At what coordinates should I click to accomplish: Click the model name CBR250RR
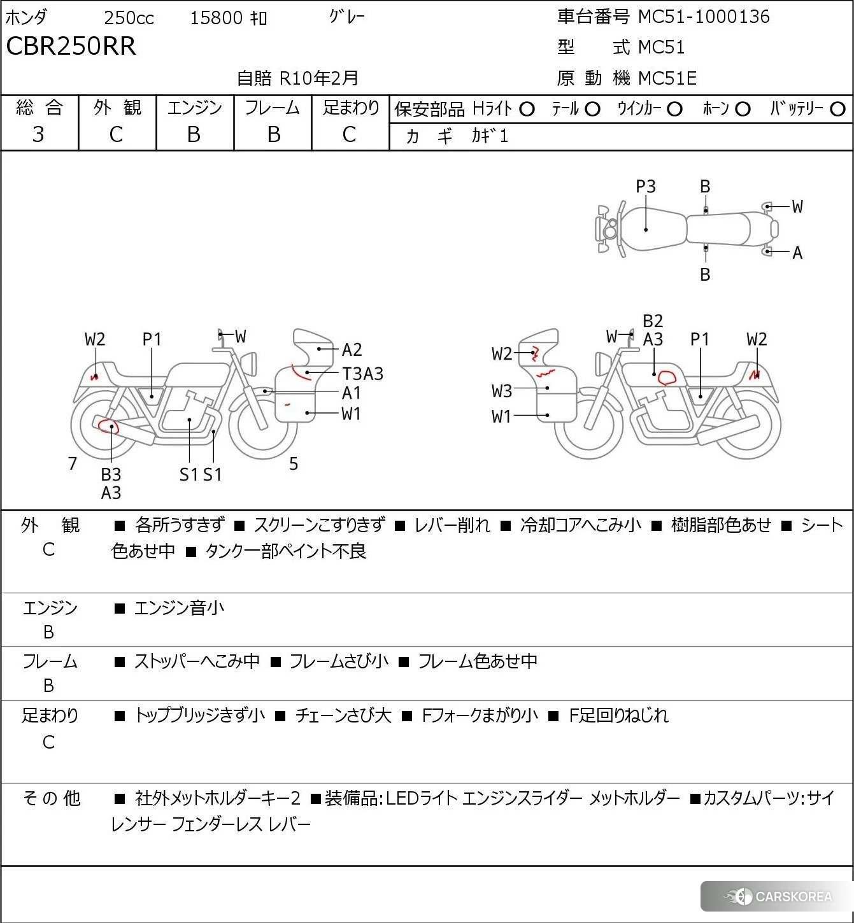[x=71, y=46]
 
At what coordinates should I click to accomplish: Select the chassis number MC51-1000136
[x=704, y=17]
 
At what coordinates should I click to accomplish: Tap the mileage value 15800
[x=216, y=18]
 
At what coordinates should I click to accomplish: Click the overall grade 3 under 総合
[x=39, y=134]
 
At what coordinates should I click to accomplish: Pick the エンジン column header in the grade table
[x=195, y=108]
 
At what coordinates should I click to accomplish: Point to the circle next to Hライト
[x=527, y=109]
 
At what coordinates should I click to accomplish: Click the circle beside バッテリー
[x=838, y=109]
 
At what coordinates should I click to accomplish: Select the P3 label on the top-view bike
[x=646, y=187]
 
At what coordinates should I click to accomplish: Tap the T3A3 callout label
[x=362, y=374]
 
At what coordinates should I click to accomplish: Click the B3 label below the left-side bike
[x=111, y=474]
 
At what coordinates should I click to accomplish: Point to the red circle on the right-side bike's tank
[x=667, y=377]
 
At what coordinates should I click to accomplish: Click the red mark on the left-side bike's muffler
[x=108, y=425]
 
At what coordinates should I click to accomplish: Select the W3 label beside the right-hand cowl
[x=502, y=391]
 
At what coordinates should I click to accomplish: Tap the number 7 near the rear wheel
[x=73, y=463]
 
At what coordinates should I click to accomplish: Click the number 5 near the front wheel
[x=294, y=463]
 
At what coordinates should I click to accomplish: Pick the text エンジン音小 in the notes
[x=179, y=608]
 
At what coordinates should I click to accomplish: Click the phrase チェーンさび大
[x=343, y=715]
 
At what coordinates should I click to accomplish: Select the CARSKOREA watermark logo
[x=778, y=897]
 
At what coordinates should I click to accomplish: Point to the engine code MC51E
[x=667, y=78]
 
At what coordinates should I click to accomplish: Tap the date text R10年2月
[x=319, y=78]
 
